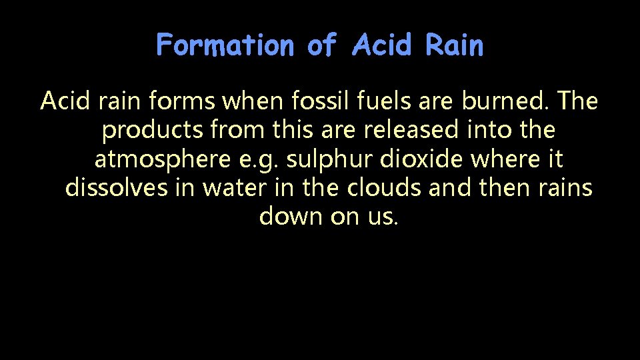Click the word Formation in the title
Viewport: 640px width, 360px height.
(x=225, y=46)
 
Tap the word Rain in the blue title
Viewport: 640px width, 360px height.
(x=454, y=46)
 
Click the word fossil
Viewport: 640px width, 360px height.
(x=313, y=101)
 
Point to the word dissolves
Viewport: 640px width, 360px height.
(x=115, y=188)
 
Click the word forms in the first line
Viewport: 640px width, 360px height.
(x=181, y=101)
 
